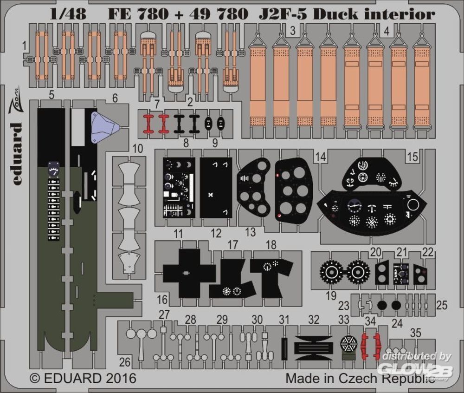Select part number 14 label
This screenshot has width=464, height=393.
tap(320, 157)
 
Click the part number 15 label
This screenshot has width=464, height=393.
tap(412, 157)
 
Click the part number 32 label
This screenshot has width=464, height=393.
tap(314, 320)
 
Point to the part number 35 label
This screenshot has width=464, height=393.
tap(416, 332)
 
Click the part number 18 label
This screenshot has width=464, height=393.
tap(271, 244)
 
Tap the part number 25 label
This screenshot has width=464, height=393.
tap(442, 305)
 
